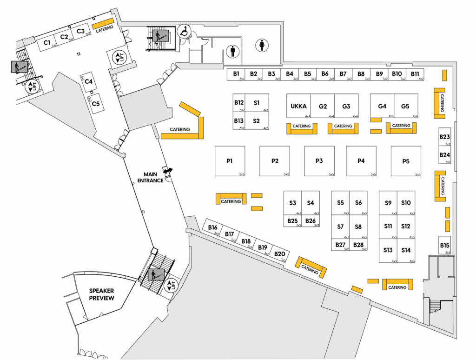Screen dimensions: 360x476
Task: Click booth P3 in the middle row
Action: pos(319,161)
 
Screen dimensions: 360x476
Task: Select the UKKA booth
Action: pos(298,106)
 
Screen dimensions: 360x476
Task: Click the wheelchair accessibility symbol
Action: pos(184,32)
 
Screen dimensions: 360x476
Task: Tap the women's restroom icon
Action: pos(262,46)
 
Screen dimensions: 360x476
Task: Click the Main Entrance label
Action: pos(153,177)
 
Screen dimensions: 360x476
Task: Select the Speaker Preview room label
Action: pos(102,294)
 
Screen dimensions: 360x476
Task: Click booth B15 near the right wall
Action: pos(445,246)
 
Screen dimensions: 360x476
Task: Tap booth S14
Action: pos(406,251)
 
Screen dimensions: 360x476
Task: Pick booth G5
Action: pos(405,106)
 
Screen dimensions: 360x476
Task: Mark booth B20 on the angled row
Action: pos(279,254)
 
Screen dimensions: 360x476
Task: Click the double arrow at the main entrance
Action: pos(167,171)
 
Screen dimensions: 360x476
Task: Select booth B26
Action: pos(311,221)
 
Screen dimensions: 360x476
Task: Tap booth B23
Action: pos(445,137)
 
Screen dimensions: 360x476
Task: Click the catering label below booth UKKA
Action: pos(302,127)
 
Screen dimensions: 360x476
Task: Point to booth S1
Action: pos(257,102)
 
